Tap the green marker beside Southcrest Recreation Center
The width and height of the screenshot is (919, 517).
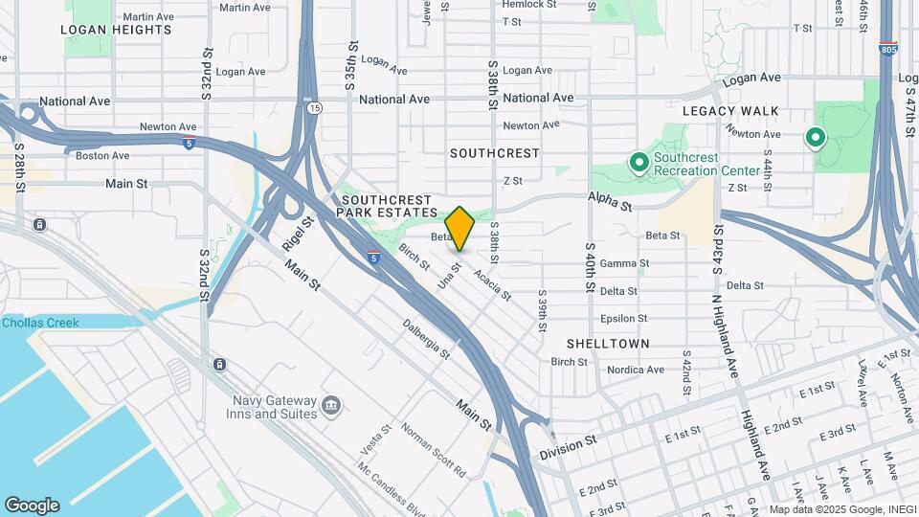click(x=639, y=164)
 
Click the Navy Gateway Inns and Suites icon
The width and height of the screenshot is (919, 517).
click(x=331, y=406)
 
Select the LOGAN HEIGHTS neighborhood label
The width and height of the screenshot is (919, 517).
click(x=116, y=30)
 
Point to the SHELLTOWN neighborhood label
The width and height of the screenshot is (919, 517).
click(x=608, y=343)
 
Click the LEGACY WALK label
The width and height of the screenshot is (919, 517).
click(x=730, y=111)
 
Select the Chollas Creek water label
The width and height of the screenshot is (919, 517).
click(x=40, y=323)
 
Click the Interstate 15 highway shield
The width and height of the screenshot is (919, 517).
click(x=314, y=108)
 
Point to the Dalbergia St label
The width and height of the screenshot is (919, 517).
click(x=426, y=339)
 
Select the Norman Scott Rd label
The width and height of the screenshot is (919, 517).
click(x=433, y=451)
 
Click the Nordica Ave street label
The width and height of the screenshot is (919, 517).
click(x=636, y=370)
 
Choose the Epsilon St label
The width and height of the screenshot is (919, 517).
click(x=624, y=319)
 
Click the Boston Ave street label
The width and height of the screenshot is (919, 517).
click(x=102, y=155)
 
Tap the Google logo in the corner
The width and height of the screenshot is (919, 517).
click(x=32, y=505)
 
